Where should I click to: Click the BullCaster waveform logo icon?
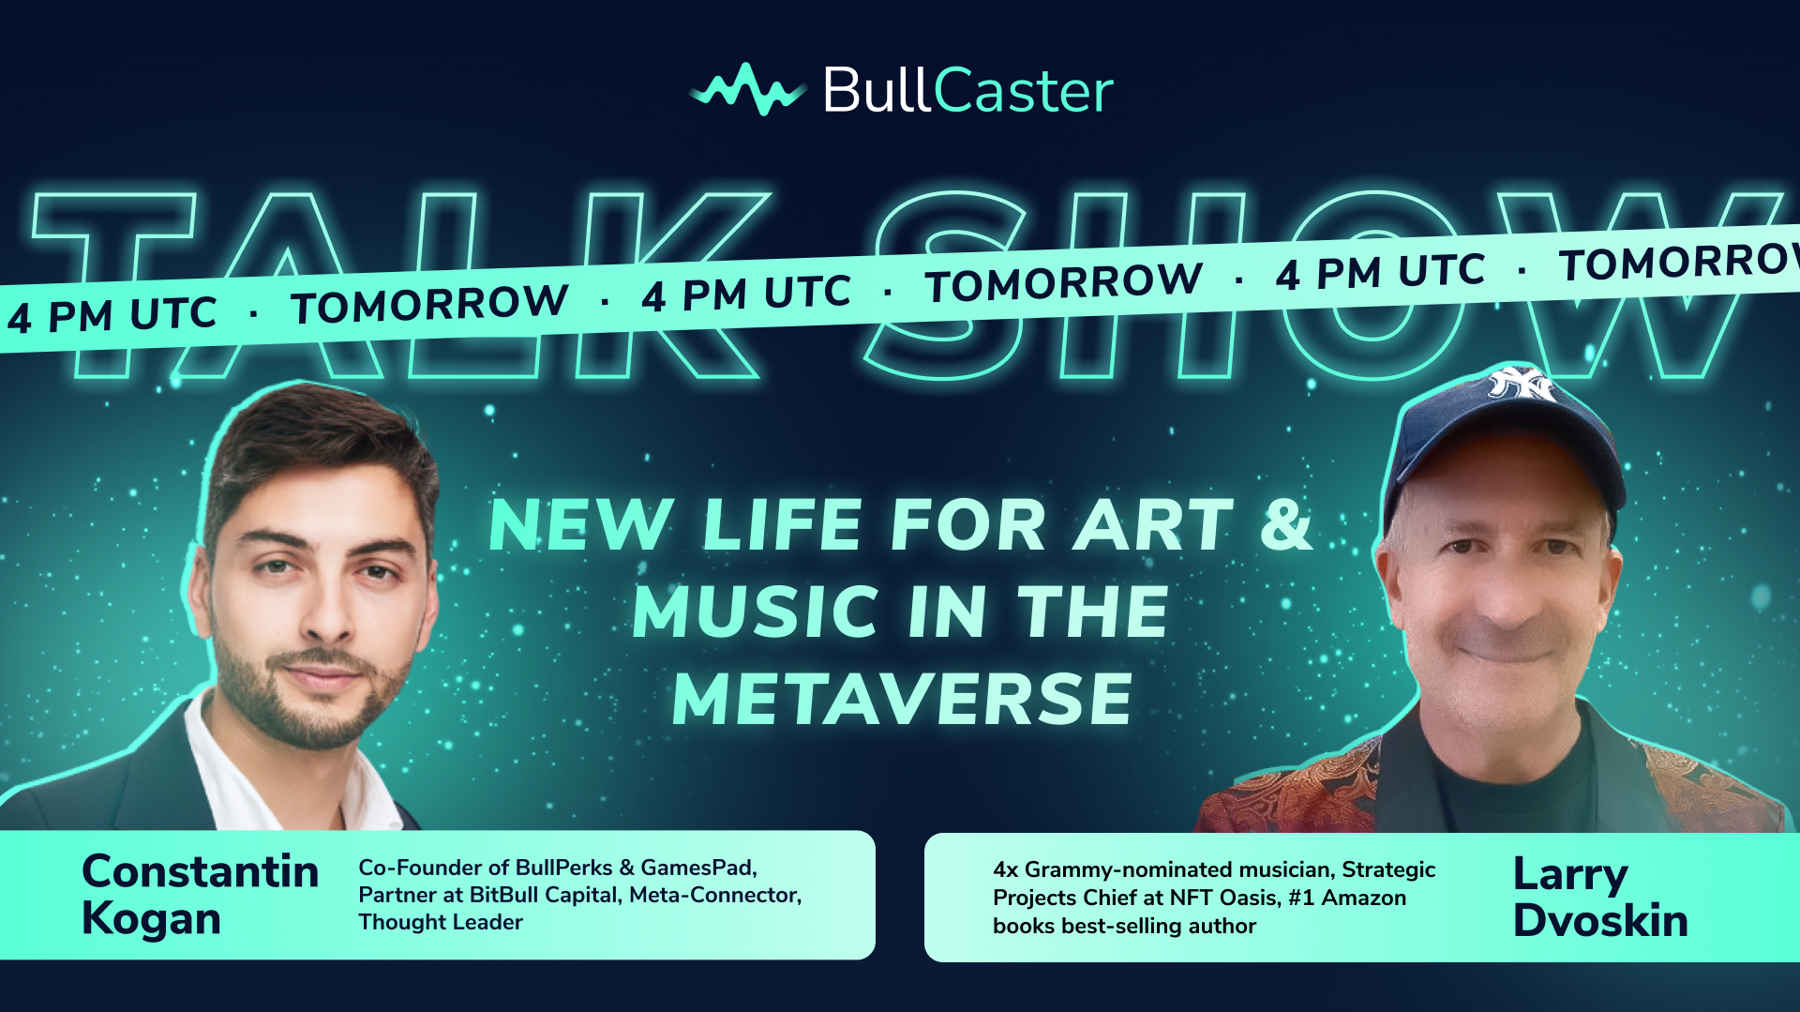point(747,90)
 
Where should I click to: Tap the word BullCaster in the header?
point(968,91)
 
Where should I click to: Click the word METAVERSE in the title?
point(903,700)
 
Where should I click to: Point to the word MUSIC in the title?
point(757,612)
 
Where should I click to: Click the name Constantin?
point(201,871)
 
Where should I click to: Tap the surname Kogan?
point(151,919)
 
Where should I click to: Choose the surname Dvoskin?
point(1600,921)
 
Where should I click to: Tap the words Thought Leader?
point(441,922)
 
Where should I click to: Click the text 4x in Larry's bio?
point(1006,870)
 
